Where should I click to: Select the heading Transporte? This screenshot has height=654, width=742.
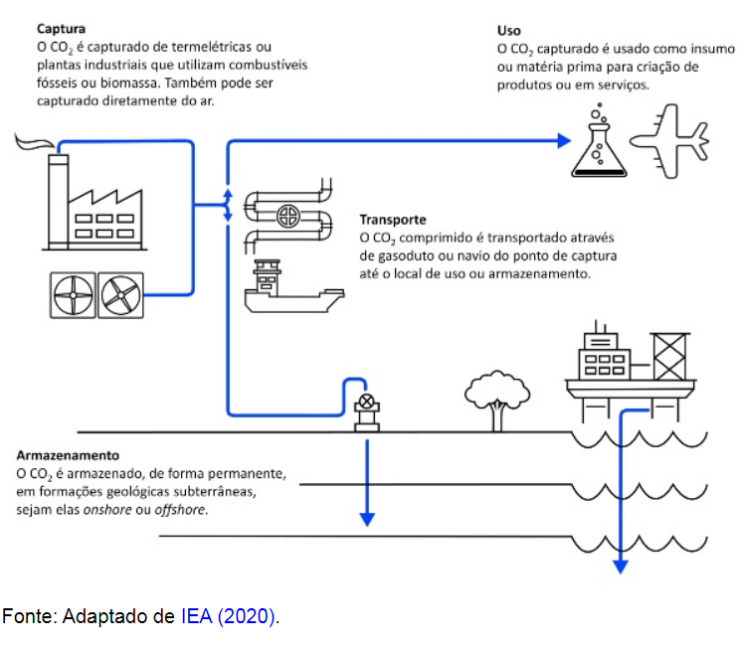click(393, 220)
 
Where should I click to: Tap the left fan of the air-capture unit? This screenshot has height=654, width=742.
click(72, 293)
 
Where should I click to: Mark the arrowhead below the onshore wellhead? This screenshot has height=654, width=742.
click(367, 519)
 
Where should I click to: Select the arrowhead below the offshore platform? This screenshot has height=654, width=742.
click(622, 567)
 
